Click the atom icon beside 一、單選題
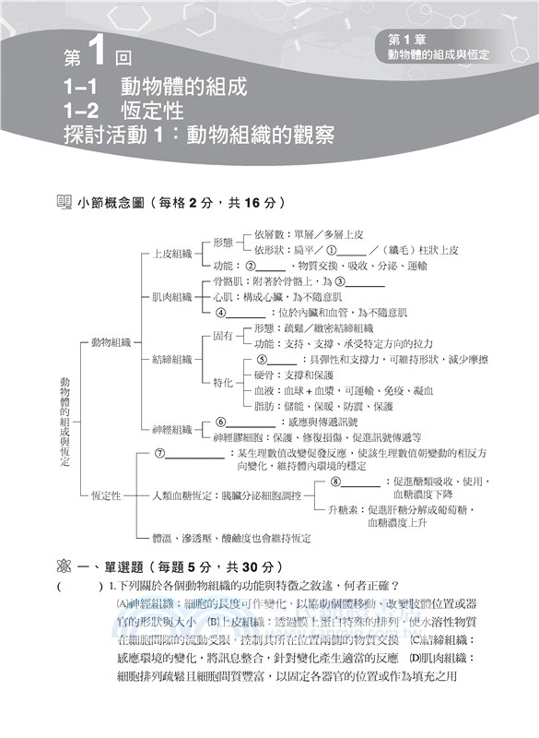(63, 566)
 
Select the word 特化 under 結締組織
(222, 381)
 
